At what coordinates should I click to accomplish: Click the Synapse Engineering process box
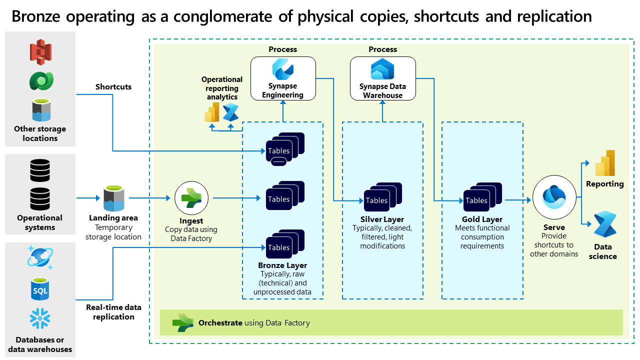pyautogui.click(x=283, y=78)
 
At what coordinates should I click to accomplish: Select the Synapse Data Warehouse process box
pyautogui.click(x=383, y=78)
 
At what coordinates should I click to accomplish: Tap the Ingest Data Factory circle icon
pyautogui.click(x=191, y=198)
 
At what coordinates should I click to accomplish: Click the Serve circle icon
pyautogui.click(x=553, y=198)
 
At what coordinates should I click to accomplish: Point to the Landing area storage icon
pyautogui.click(x=113, y=198)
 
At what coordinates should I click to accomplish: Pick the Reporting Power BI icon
pyautogui.click(x=604, y=163)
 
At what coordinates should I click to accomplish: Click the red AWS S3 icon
pyautogui.click(x=40, y=52)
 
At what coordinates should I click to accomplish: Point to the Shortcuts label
pyautogui.click(x=113, y=87)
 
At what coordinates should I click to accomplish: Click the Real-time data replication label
pyautogui.click(x=113, y=312)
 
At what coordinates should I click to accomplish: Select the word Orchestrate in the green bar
pyautogui.click(x=220, y=323)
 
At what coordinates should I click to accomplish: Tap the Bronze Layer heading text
pyautogui.click(x=282, y=265)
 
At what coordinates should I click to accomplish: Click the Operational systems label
pyautogui.click(x=40, y=222)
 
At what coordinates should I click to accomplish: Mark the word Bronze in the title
pyautogui.click(x=38, y=16)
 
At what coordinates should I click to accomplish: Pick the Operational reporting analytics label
pyautogui.click(x=222, y=88)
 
